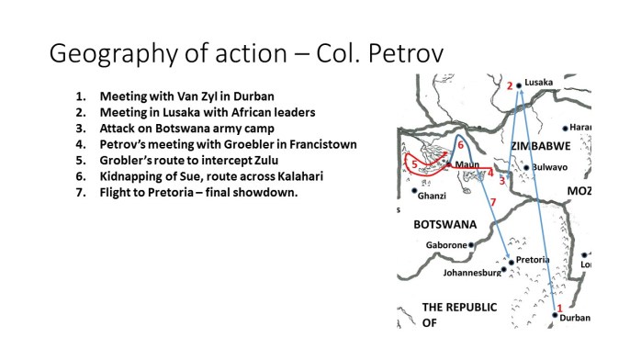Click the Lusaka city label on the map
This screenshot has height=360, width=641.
(538, 83)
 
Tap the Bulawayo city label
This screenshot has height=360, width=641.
(551, 167)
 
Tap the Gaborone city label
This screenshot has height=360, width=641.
(446, 245)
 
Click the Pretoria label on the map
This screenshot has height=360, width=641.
(534, 260)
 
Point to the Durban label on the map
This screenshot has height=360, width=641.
(575, 318)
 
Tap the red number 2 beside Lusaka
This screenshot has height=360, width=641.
(509, 86)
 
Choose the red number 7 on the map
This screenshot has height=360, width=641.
(494, 201)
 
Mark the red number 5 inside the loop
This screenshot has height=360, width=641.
(415, 164)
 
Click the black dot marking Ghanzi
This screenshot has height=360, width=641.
(414, 191)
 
